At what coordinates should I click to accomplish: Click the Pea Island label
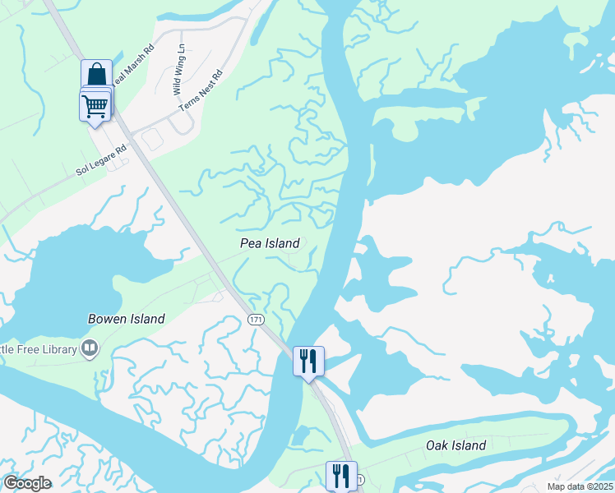coord(269,243)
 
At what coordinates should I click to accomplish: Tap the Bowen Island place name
coord(127,319)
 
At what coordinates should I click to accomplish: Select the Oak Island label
coord(455,446)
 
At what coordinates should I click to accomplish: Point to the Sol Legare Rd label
coord(104,160)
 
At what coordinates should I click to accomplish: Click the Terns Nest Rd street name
coord(201,91)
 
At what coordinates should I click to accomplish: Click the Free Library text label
coord(37,349)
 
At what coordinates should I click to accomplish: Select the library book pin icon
coord(90,349)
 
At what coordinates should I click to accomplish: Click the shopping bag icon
coord(96,74)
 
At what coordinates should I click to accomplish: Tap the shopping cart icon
coord(95,105)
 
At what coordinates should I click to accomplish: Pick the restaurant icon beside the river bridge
coord(309,361)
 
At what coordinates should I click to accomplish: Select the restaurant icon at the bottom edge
coord(341,476)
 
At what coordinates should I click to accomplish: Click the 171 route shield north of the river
coord(255,318)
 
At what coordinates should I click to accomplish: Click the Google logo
coord(27,483)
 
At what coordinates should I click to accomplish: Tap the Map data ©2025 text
coord(579,486)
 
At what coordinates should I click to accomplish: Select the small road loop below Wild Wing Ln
coord(178,123)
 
